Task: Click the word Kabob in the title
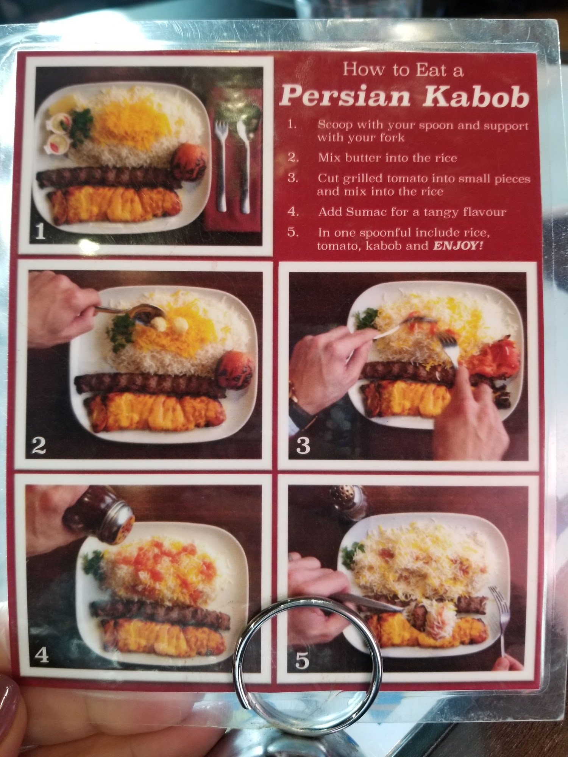(x=476, y=97)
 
